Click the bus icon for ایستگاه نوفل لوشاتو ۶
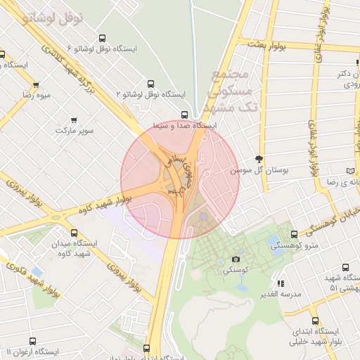pos(103,39)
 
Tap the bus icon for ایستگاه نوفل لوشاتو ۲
pos(150,83)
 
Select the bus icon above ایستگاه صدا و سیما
pos(184,115)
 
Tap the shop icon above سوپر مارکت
pos(74,120)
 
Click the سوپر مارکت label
pos(73,131)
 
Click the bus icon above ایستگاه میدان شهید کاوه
pos(75,233)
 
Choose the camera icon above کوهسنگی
pos(236,259)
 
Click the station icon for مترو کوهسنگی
pos(294,234)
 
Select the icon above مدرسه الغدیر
pos(281,283)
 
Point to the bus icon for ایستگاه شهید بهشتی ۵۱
pos(345,267)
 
